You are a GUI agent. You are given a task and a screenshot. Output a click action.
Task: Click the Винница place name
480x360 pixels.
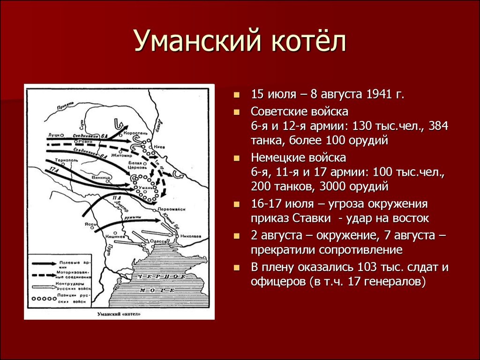102,178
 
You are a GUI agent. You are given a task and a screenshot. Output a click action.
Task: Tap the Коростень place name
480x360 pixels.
139,134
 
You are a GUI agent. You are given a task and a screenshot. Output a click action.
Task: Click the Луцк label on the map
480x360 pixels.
52,135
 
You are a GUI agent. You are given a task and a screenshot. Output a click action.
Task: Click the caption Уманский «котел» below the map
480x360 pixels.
119,313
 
